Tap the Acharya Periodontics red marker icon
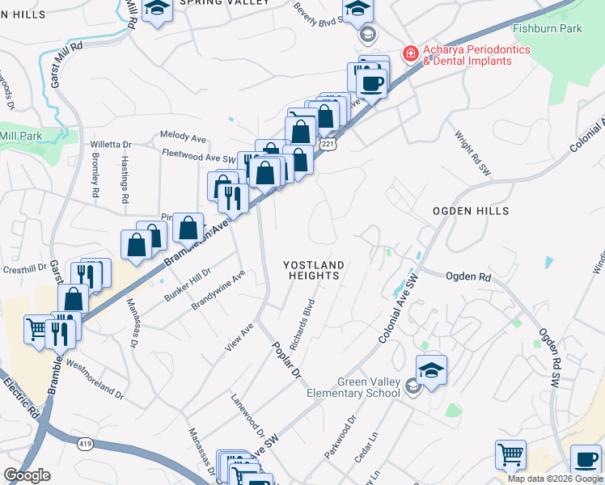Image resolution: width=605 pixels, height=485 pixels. coord(411,54)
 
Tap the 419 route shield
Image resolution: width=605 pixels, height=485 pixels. coord(86,443)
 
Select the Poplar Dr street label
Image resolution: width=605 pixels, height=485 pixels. coord(285,359)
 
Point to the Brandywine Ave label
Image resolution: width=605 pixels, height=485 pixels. coord(218,291)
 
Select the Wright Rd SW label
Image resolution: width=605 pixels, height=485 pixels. coord(472,154)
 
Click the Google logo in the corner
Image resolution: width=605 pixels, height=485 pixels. coord(27,475)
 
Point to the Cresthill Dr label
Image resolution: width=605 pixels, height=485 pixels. coord(26,269)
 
